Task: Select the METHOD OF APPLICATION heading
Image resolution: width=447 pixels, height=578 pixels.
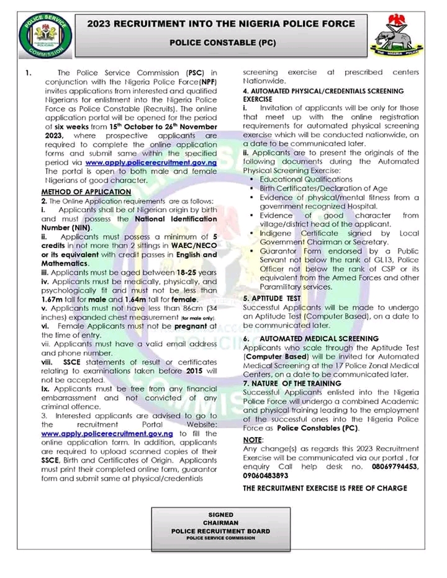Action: (86, 192)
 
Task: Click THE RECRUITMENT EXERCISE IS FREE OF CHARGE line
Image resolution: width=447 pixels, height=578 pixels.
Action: (324, 488)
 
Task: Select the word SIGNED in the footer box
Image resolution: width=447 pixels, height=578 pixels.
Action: (222, 515)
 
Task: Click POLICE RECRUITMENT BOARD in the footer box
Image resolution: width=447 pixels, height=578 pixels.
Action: (222, 531)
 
